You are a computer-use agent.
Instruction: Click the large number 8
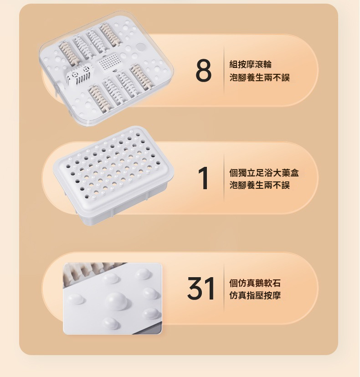204,71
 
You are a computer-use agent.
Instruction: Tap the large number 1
204,178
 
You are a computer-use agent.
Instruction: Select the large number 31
201,288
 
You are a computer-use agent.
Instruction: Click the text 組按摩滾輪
251,64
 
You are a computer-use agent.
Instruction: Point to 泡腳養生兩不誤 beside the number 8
260,77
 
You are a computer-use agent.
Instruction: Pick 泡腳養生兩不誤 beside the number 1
260,185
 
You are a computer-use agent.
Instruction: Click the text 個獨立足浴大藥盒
264,172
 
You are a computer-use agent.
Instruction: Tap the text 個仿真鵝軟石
255,283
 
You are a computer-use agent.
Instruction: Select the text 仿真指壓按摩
255,295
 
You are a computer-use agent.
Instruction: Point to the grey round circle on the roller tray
140,46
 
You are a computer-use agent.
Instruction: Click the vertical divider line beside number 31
224,288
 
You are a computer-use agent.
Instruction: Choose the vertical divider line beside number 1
224,178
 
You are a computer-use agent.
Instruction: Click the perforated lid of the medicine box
113,166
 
